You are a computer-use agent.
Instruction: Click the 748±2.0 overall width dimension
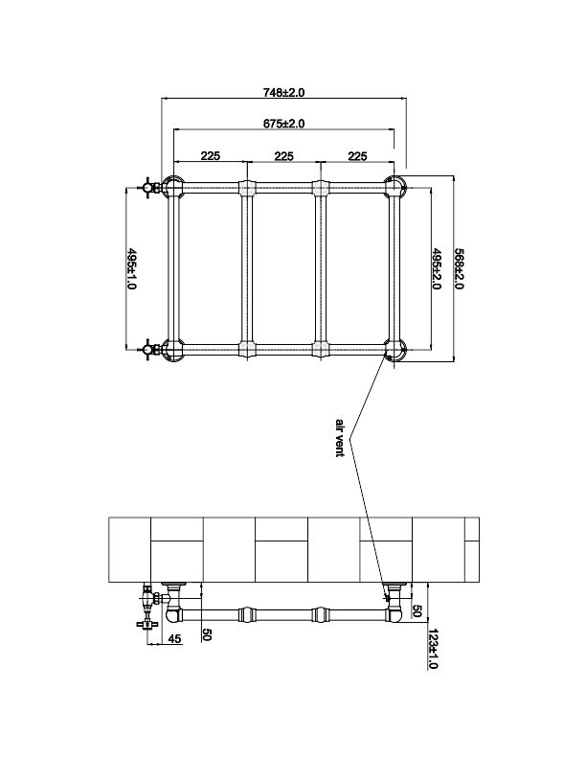[283, 92]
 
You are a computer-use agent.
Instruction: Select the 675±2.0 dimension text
[283, 124]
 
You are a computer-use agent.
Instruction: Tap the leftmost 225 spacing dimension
[211, 156]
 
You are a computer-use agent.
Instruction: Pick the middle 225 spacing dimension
[283, 156]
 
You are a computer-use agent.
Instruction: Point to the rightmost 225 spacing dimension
[357, 156]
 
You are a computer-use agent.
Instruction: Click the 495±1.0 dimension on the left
[131, 268]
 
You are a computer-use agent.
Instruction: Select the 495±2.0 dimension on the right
[436, 268]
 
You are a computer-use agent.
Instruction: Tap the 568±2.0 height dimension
[459, 268]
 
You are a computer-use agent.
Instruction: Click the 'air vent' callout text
[339, 438]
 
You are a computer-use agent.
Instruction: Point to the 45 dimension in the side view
[174, 639]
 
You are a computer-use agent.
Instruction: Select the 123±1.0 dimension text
[433, 649]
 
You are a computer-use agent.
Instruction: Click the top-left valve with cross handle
[150, 187]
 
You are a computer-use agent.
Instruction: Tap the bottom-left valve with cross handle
[150, 348]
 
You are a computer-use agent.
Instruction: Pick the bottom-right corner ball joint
[395, 350]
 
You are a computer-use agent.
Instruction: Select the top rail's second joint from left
[247, 187]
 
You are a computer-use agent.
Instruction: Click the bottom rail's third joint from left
[320, 349]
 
